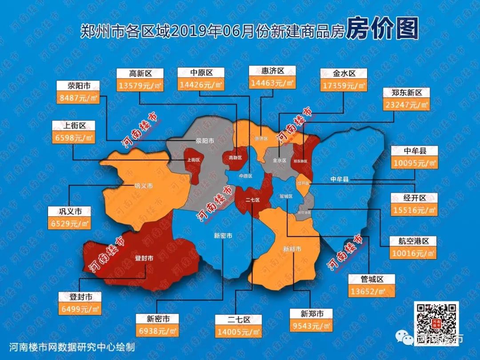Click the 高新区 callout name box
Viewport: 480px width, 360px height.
(140, 73)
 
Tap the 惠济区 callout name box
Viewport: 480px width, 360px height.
(272, 71)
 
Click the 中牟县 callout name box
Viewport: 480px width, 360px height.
(414, 151)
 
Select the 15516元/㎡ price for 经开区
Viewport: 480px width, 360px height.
(414, 210)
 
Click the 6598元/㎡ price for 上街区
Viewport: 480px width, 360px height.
(73, 137)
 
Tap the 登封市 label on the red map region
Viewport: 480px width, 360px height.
(144, 258)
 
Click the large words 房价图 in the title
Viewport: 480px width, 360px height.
(382, 29)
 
